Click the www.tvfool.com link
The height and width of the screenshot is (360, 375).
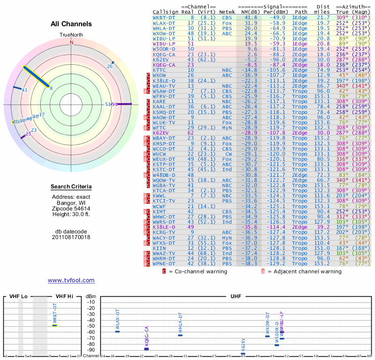tap(71, 280)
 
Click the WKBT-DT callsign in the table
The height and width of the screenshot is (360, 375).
tap(164, 17)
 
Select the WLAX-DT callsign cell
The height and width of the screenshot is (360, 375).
tap(164, 22)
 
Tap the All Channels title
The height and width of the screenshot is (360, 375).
tap(71, 24)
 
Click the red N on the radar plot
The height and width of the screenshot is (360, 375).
tap(72, 42)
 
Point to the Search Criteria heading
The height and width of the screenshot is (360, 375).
tap(71, 187)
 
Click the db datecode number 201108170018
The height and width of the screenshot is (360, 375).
tap(71, 237)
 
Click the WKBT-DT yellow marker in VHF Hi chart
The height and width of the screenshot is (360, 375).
tap(55, 325)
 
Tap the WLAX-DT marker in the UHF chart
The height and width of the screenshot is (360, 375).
tap(117, 331)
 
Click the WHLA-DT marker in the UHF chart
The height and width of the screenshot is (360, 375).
tap(180, 335)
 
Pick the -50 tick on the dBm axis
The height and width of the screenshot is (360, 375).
tap(90, 326)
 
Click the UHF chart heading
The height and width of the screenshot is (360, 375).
tap(236, 296)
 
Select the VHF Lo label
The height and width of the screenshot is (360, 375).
tap(18, 296)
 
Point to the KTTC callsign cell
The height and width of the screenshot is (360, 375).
tap(159, 70)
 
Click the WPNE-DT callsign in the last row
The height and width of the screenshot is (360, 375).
tap(164, 264)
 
